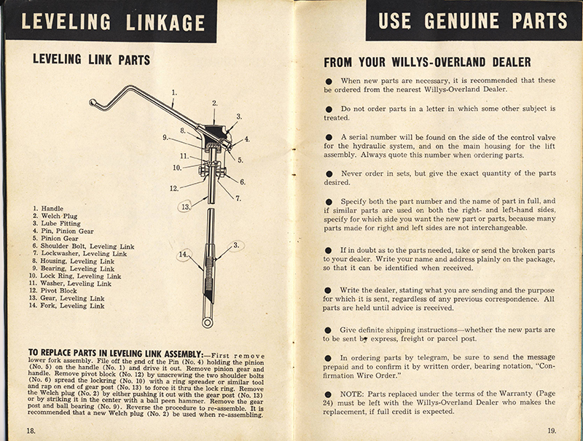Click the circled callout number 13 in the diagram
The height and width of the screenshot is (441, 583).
pos(187,206)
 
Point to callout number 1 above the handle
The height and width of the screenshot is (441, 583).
pos(174,93)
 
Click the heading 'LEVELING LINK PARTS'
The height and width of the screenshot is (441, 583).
pos(91,60)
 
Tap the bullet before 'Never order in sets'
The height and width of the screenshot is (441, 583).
pos(330,174)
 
